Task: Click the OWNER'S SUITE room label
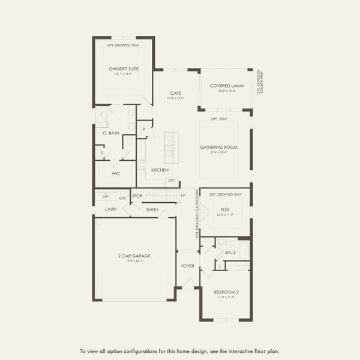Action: click(x=124, y=69)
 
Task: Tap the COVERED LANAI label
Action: click(x=226, y=86)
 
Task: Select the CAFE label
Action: click(x=176, y=92)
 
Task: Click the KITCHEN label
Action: click(x=160, y=170)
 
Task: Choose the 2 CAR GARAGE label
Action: click(x=134, y=256)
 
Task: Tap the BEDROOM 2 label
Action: click(x=226, y=292)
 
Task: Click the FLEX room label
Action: click(x=226, y=210)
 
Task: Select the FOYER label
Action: click(x=188, y=265)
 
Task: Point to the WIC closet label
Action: click(x=116, y=173)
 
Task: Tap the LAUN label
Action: click(x=110, y=209)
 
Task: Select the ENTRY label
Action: click(x=152, y=210)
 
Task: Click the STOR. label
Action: click(x=137, y=196)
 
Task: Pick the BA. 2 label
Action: click(x=230, y=253)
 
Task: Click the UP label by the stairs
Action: click(x=182, y=196)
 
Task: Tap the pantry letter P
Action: click(x=144, y=129)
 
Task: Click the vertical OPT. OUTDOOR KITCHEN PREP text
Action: click(x=260, y=82)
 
